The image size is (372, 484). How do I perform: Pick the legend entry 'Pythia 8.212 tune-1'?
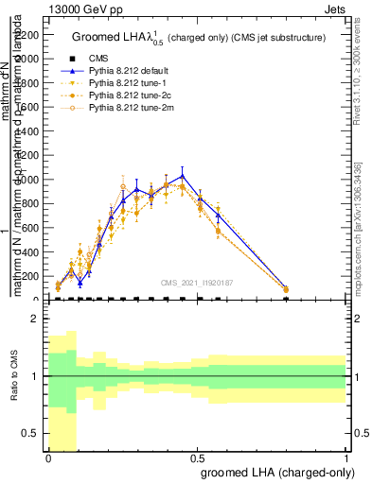point(123,83)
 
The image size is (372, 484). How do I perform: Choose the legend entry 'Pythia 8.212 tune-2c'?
point(125,95)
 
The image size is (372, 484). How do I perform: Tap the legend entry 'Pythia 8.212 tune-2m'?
point(126,109)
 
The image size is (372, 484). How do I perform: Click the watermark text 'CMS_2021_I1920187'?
point(197,282)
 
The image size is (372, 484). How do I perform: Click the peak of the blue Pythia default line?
point(183,175)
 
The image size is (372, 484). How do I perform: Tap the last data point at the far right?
point(286,289)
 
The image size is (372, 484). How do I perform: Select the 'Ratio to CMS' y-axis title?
point(14,377)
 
